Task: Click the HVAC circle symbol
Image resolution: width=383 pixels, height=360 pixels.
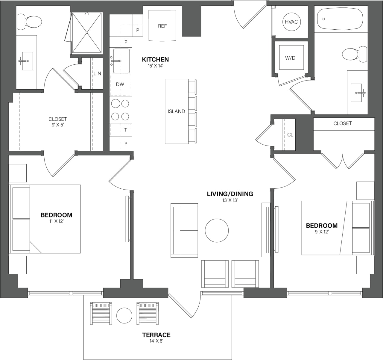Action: click(x=291, y=22)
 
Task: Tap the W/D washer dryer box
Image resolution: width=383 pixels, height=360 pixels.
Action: click(x=290, y=58)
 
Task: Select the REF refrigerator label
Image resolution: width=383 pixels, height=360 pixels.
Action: click(x=162, y=26)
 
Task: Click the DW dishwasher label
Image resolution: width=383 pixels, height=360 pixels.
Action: click(x=120, y=84)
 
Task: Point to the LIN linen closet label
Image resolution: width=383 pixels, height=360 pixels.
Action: click(x=97, y=73)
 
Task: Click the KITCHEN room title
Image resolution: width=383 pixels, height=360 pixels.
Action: click(x=155, y=59)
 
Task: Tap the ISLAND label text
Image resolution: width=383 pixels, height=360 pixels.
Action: click(x=176, y=111)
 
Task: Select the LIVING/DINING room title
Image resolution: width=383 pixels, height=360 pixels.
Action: click(x=230, y=194)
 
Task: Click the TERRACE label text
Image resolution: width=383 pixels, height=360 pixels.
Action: click(x=156, y=335)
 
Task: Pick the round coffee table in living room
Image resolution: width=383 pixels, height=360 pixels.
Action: click(x=217, y=230)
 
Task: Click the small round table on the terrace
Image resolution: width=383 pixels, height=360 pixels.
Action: click(x=124, y=316)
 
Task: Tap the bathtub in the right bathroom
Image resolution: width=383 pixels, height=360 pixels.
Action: click(x=340, y=19)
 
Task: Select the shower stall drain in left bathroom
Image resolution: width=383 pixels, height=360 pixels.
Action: click(x=87, y=32)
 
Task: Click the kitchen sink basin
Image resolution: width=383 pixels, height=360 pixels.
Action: click(x=121, y=61)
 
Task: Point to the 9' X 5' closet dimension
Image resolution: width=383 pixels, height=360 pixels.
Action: click(x=57, y=125)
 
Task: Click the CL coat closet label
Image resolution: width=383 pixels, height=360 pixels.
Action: click(x=290, y=135)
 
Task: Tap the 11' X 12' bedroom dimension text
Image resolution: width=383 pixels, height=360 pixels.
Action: click(x=56, y=221)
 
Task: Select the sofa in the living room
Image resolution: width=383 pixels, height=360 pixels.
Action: click(x=184, y=230)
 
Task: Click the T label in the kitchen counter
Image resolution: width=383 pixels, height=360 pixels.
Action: click(x=126, y=130)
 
